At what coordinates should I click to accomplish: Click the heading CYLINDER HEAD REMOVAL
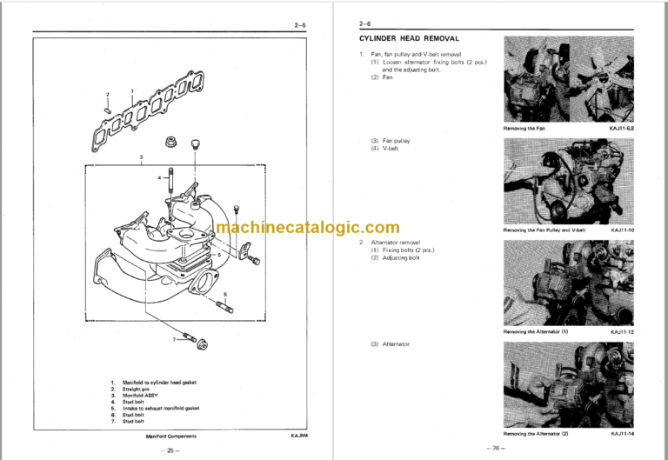pyautogui.click(x=409, y=39)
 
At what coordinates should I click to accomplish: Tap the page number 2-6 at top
pyautogui.click(x=365, y=25)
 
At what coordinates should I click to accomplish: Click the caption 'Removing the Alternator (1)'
pyautogui.click(x=535, y=331)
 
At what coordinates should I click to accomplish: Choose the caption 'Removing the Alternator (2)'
pyautogui.click(x=535, y=431)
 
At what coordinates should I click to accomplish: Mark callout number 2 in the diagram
pyautogui.click(x=107, y=94)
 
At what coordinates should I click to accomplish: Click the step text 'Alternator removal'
pyautogui.click(x=396, y=243)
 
